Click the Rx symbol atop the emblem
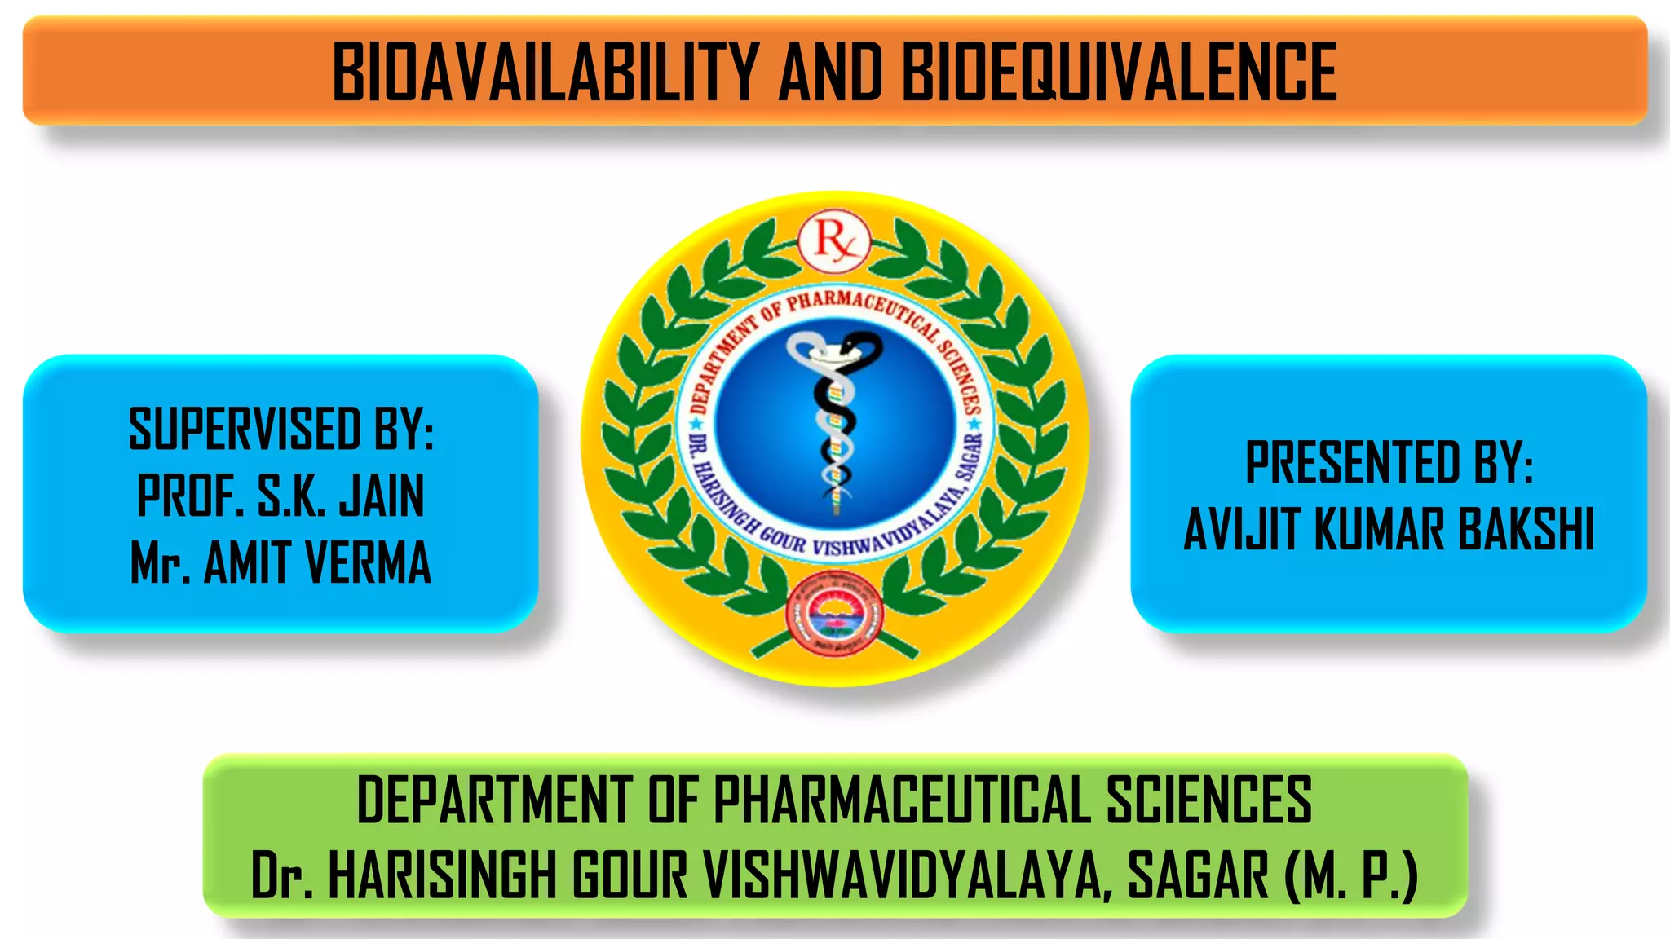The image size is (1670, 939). [833, 241]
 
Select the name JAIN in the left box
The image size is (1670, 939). [382, 496]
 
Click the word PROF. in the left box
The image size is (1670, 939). [190, 496]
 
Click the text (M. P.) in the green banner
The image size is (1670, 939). [1350, 875]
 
